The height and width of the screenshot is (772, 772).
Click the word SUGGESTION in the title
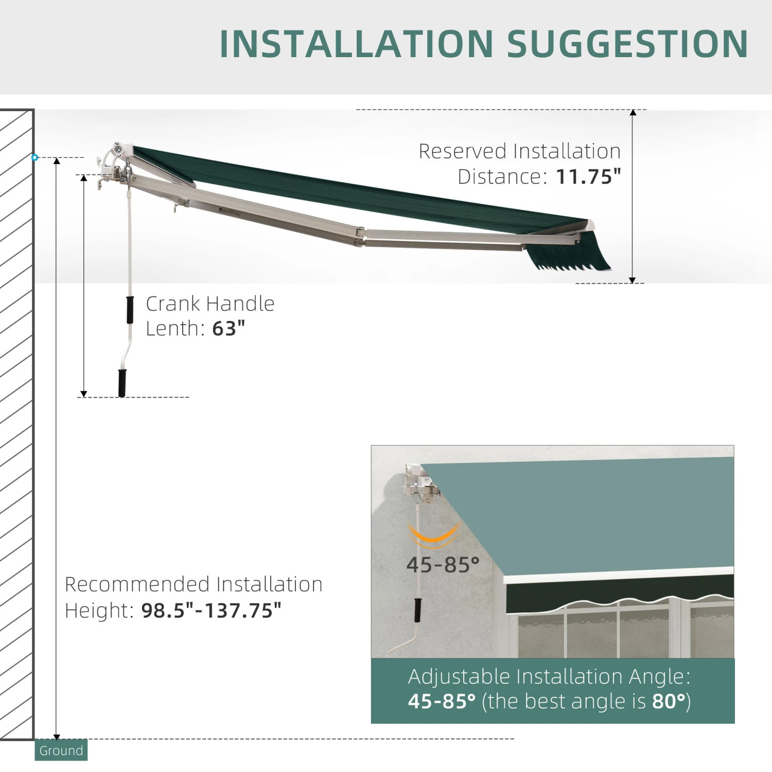(x=628, y=44)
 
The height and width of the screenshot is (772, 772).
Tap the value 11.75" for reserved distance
(x=588, y=177)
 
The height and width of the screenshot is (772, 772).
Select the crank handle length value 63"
(x=229, y=328)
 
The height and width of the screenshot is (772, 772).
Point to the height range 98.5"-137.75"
(x=211, y=610)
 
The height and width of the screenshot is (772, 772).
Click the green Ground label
(x=61, y=750)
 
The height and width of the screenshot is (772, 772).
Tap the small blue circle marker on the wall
(x=35, y=157)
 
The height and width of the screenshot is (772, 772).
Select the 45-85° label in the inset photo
(x=443, y=565)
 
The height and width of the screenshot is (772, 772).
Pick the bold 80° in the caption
(x=669, y=701)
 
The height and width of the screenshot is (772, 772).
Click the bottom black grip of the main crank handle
(x=122, y=383)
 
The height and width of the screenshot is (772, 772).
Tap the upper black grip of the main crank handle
(x=130, y=310)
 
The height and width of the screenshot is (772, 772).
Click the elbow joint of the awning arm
(x=359, y=236)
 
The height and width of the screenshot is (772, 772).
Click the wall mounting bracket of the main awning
(x=114, y=164)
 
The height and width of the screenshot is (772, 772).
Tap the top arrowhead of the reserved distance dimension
(x=633, y=113)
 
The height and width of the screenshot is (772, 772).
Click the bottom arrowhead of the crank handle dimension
(x=84, y=394)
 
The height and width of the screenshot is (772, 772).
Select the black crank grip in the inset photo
(x=418, y=610)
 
